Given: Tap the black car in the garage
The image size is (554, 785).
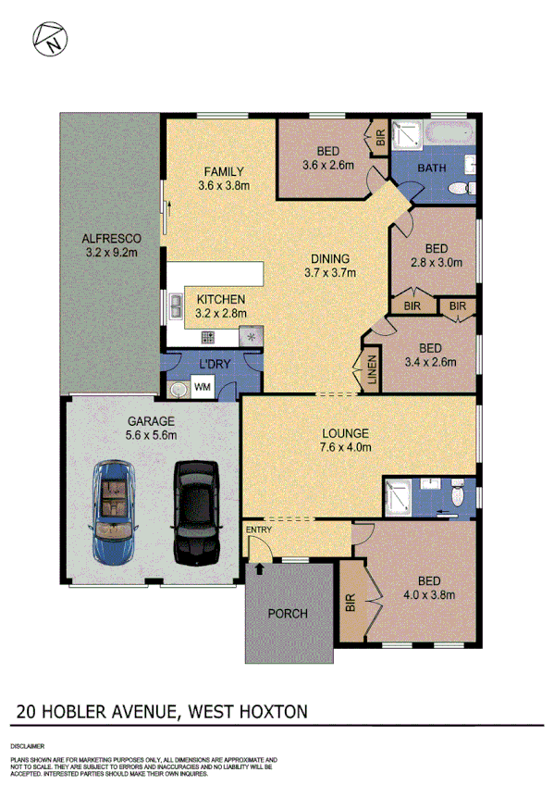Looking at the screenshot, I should tap(195, 513).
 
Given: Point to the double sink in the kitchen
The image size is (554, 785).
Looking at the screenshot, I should tap(175, 305).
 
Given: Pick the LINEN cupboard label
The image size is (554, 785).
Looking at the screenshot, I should tap(371, 372).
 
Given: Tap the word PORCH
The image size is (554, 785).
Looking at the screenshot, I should tap(287, 614).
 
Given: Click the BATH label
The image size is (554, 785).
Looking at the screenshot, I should tap(433, 168).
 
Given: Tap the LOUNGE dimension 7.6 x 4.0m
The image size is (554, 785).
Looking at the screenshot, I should tap(346, 447).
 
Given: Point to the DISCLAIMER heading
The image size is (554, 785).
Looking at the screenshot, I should tap(29, 745).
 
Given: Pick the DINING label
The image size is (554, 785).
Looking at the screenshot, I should tap(328, 258).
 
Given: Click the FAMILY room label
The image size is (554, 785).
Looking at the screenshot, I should tap(224, 171).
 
